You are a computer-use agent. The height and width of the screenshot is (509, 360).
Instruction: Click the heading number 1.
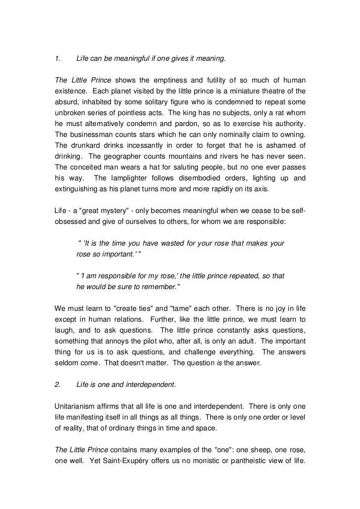57,60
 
